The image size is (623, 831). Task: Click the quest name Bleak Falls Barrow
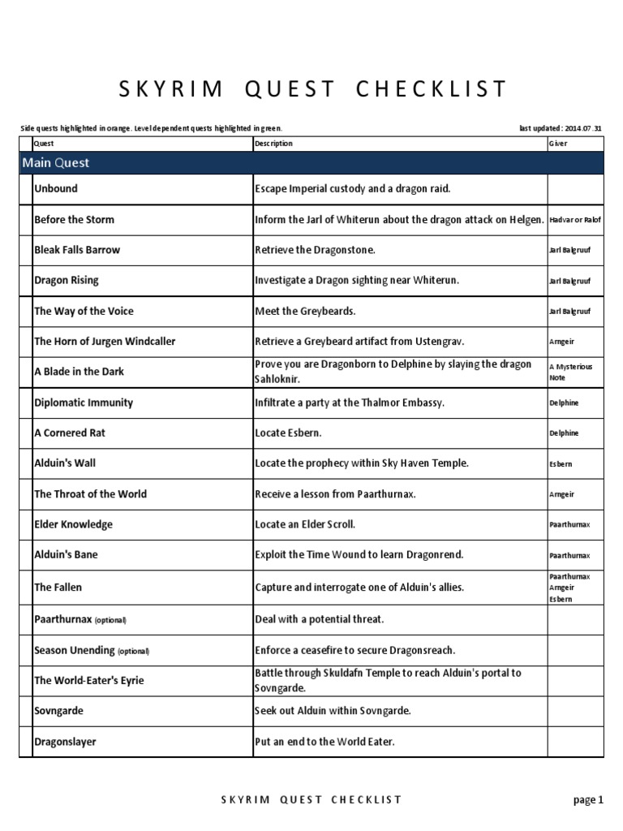[x=77, y=250]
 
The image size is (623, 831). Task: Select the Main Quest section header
[x=56, y=163]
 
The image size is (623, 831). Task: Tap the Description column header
[x=273, y=144]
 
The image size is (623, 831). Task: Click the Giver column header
[x=558, y=144]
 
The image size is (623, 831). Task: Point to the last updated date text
[x=561, y=128]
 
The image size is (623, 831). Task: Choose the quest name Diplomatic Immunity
[x=84, y=403]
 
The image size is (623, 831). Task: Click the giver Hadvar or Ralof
[x=575, y=220]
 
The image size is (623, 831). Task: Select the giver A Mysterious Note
[x=571, y=372]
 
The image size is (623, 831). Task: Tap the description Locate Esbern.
[x=288, y=433]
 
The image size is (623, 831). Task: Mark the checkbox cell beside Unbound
[x=25, y=189]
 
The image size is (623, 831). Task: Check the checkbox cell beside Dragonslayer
[x=25, y=742]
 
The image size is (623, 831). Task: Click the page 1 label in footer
[x=588, y=800]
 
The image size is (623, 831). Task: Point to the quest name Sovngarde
[x=58, y=711]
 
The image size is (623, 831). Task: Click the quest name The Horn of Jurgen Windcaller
[x=105, y=342]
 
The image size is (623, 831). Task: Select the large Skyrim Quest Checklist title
[x=311, y=88]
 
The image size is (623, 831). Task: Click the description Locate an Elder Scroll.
[x=305, y=525]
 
